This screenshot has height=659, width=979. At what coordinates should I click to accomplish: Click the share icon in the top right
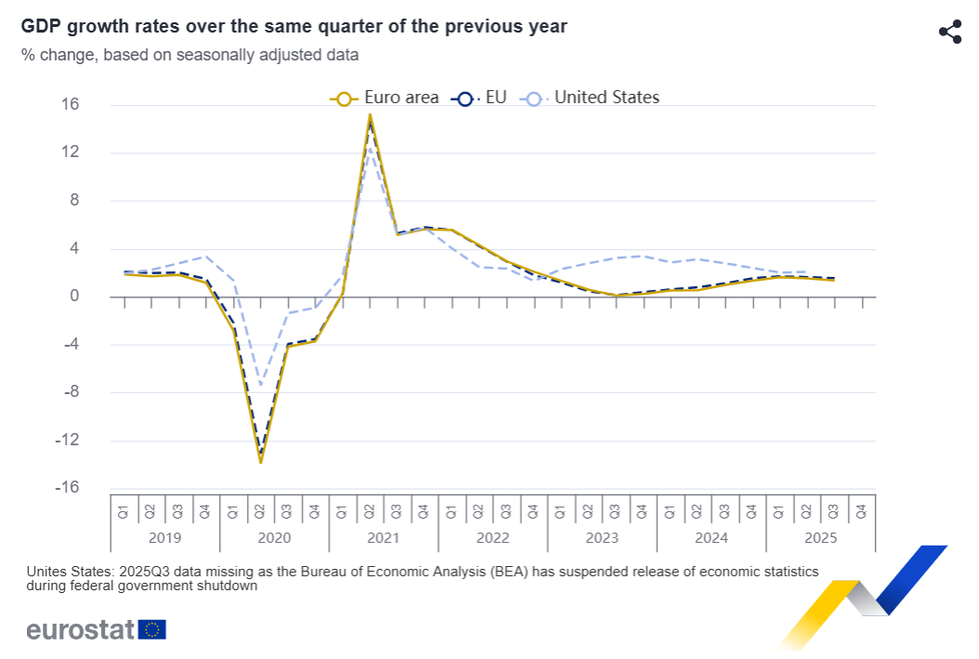(x=949, y=32)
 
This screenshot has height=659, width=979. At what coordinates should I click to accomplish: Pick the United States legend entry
(x=591, y=98)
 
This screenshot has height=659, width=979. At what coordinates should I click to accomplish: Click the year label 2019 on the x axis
(x=164, y=538)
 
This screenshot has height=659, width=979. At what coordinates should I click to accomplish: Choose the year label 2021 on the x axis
(x=383, y=538)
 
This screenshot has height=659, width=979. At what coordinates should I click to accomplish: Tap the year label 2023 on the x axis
(x=601, y=538)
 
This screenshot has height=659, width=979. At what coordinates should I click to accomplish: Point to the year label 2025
(x=820, y=538)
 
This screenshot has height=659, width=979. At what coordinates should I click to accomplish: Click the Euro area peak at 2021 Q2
(x=370, y=115)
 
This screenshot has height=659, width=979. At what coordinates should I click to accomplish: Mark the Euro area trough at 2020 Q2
(x=260, y=461)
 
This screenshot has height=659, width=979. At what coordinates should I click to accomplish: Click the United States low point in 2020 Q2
(x=261, y=384)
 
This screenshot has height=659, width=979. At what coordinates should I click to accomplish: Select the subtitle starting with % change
(x=189, y=55)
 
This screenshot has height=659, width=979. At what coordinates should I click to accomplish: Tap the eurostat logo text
(x=81, y=629)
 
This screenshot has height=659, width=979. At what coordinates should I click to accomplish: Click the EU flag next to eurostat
(x=152, y=629)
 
